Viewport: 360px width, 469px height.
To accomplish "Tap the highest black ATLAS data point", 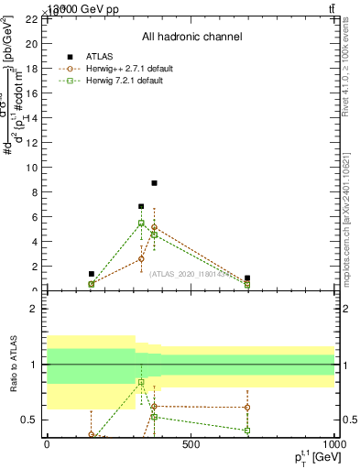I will [155, 183].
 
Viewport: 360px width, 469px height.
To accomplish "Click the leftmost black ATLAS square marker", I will [92, 274].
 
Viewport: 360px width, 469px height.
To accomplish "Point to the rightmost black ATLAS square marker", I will [247, 278].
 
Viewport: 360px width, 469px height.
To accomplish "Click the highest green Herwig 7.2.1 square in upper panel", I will [141, 223].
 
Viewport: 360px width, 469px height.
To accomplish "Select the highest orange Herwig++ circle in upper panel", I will [154, 227].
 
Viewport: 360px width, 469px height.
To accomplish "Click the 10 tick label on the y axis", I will [30, 168].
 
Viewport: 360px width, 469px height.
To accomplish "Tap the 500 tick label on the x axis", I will [191, 445].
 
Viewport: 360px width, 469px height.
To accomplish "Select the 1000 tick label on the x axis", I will [333, 445].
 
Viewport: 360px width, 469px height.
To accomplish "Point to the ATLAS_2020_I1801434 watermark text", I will [190, 273].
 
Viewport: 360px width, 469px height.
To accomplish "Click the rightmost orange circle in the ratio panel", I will [247, 407].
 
